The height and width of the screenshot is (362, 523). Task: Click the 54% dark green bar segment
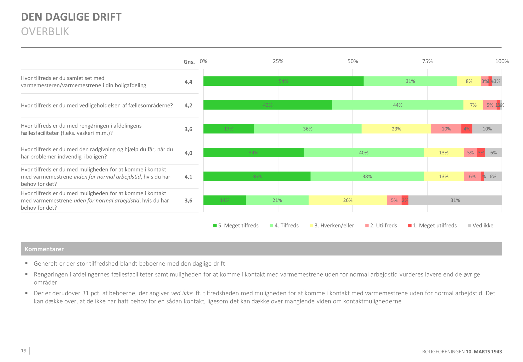(283, 81)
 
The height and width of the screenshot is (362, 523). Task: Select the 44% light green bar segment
(397, 105)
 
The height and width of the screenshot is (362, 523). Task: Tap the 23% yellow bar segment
(396, 129)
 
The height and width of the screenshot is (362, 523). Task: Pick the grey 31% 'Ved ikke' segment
(455, 200)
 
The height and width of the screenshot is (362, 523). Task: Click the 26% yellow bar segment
(348, 200)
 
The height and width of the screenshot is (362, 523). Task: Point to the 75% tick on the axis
(427, 61)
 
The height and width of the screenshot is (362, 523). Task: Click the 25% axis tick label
(278, 61)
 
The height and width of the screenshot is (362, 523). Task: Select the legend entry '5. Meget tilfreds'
(236, 226)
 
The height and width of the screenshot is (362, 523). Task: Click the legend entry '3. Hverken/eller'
(332, 226)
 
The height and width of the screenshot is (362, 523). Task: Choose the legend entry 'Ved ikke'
(481, 226)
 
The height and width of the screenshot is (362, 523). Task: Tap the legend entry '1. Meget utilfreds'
(433, 226)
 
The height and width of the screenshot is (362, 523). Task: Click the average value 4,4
(188, 82)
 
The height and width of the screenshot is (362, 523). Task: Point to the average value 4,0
(188, 153)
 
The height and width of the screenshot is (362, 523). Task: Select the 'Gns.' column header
(189, 62)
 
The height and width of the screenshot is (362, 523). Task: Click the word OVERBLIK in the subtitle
(45, 32)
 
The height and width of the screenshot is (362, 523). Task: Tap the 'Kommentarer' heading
(44, 249)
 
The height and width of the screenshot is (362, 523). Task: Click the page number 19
(24, 351)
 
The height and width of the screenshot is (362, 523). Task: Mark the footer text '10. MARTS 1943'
(484, 352)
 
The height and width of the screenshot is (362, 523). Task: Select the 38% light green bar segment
(367, 176)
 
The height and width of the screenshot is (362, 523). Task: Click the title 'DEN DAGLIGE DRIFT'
(71, 17)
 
